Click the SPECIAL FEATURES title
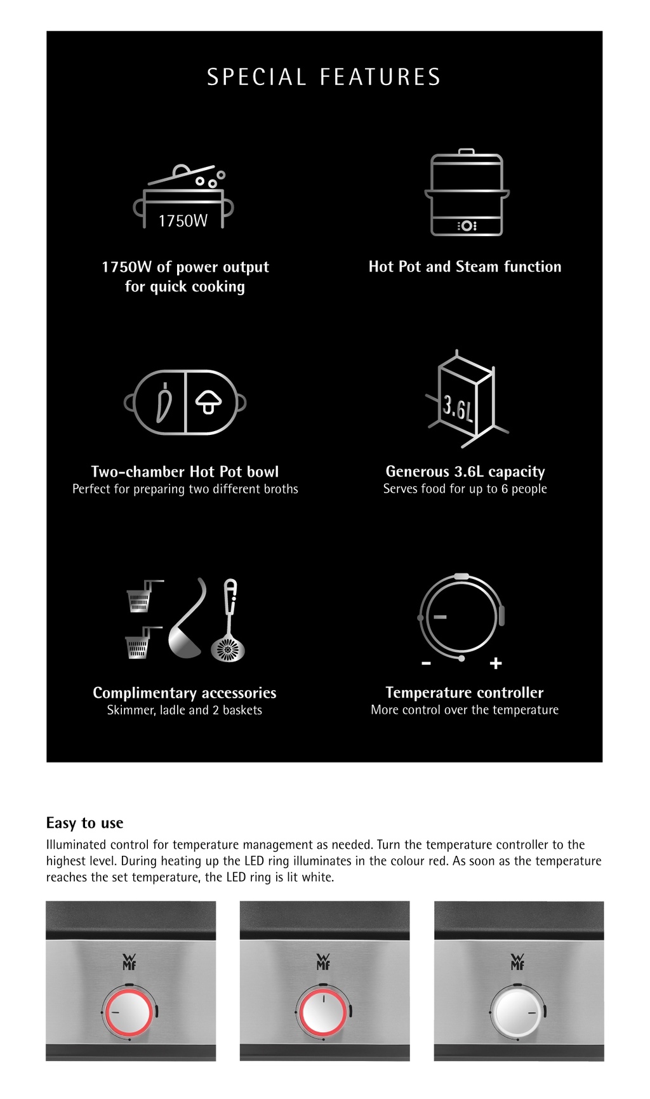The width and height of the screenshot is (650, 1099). [x=324, y=77]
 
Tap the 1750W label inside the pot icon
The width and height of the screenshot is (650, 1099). [x=183, y=221]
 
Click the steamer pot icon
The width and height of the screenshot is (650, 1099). [x=467, y=194]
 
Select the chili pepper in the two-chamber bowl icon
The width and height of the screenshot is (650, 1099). [x=164, y=403]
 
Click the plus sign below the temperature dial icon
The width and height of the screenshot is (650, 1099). [x=496, y=663]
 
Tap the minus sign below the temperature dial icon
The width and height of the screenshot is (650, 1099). [x=426, y=663]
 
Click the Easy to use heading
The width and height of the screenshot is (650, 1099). [x=84, y=823]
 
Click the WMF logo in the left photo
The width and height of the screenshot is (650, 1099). [x=129, y=962]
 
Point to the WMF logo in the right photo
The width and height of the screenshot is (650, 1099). [x=517, y=962]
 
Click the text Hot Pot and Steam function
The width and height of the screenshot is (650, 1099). [x=465, y=267]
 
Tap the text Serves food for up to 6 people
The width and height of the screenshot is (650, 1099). [x=465, y=489]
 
